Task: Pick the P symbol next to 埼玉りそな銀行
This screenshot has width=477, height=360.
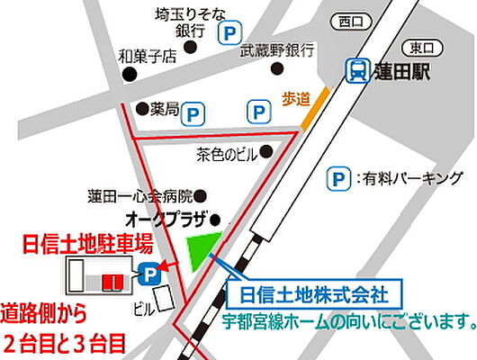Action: point(230,31)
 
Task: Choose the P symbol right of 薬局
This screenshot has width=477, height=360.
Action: point(194,113)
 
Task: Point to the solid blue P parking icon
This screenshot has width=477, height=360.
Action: point(146,274)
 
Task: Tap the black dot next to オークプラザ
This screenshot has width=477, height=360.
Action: point(216,219)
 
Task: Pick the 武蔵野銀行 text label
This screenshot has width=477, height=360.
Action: point(276,52)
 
